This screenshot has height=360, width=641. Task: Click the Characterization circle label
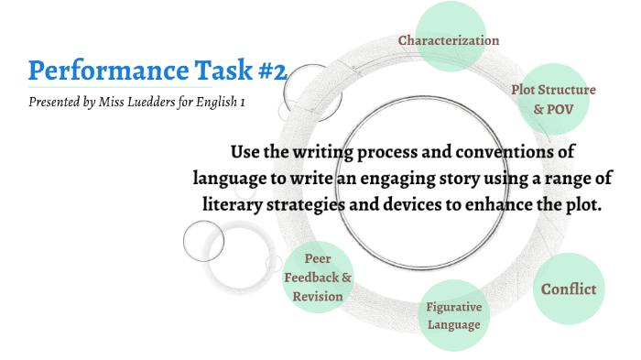448,40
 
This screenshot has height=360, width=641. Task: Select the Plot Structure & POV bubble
553,99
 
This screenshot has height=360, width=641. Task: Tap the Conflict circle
568,289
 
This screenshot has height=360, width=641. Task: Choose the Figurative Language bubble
452,315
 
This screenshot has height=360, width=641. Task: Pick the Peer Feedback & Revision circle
318,277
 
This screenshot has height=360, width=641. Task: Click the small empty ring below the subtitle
203,241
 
